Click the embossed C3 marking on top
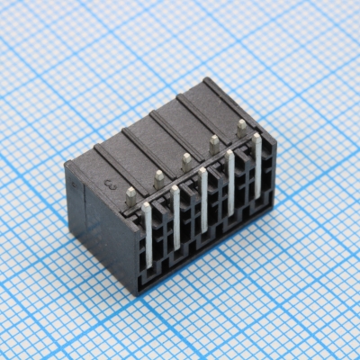112,184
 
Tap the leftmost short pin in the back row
131,193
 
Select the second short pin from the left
158,178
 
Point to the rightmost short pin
241,128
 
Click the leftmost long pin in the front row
148,236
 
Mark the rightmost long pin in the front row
257,165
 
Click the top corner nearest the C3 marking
68,164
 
